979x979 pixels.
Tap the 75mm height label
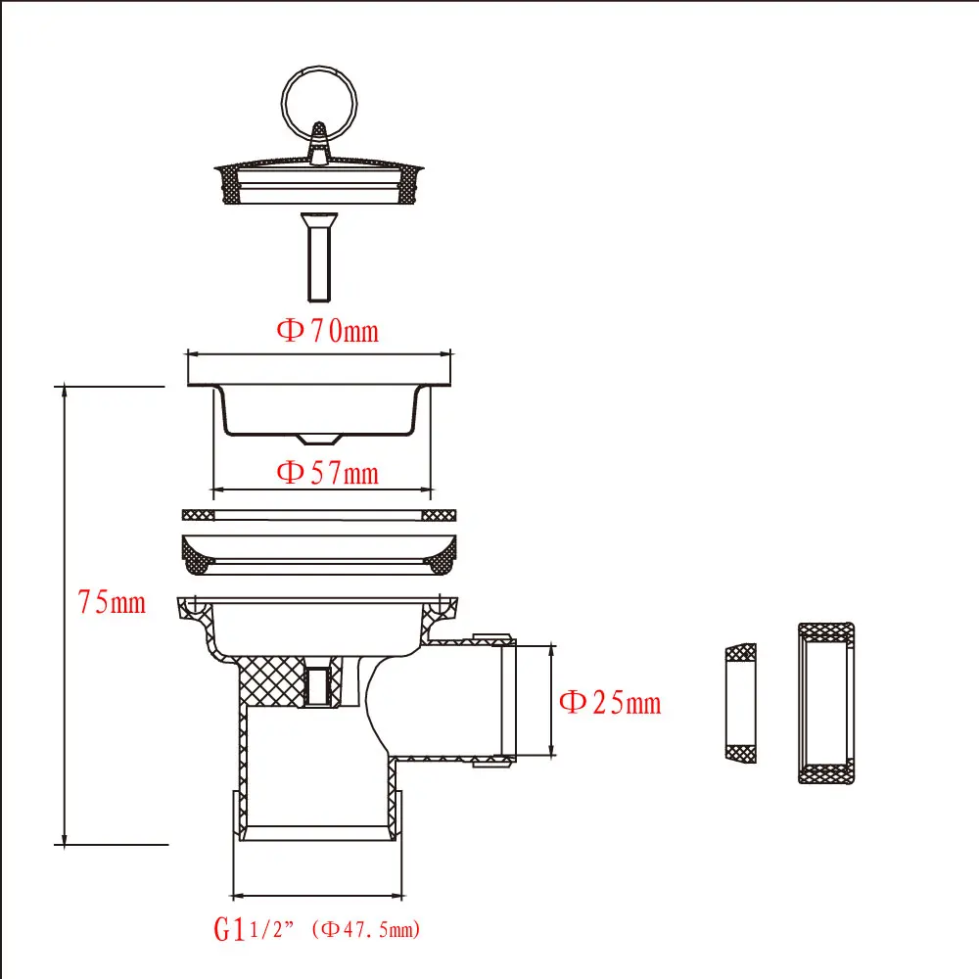point(112,601)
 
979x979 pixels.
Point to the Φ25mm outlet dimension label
point(609,702)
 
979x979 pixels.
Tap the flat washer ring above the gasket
point(319,515)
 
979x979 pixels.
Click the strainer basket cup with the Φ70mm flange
point(320,401)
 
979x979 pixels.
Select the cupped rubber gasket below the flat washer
point(319,551)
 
